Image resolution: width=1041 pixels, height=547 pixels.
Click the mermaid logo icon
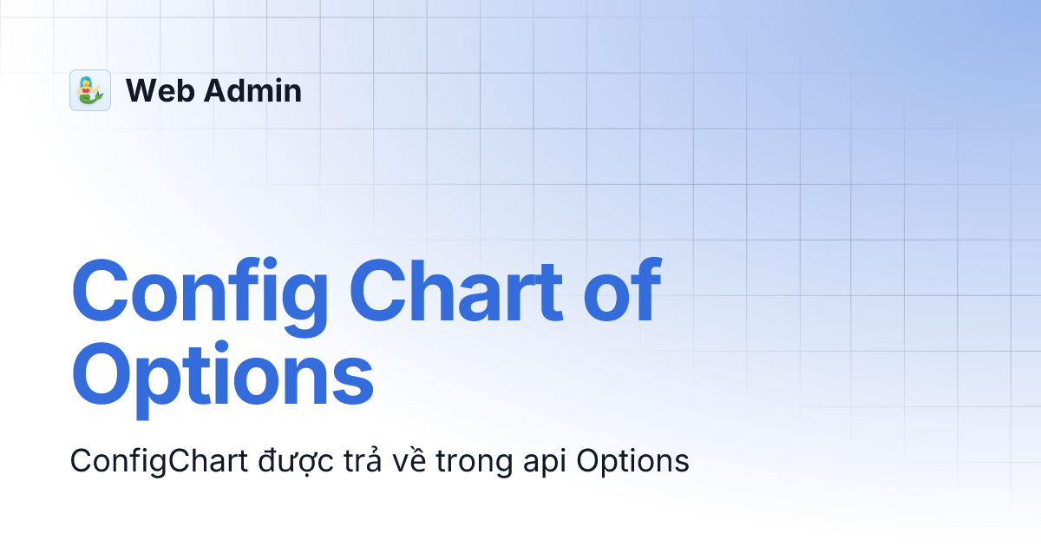coord(90,90)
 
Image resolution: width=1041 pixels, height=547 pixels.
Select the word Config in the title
coord(200,291)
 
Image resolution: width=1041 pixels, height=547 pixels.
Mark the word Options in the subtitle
coord(633,461)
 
